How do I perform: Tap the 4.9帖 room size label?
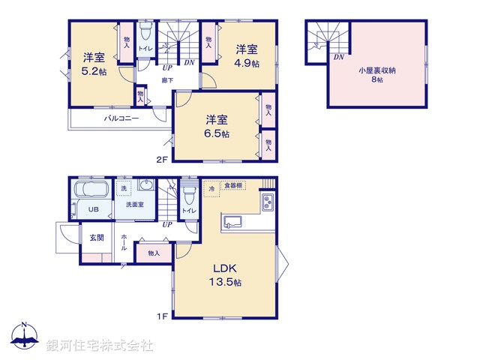click(x=248, y=64)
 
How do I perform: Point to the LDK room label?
click(x=224, y=268)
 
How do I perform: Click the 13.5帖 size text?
click(x=225, y=283)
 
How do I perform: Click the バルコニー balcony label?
click(x=121, y=118)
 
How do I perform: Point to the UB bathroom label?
click(x=94, y=209)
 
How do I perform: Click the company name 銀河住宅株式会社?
click(x=100, y=345)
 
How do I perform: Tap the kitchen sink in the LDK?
click(x=232, y=221)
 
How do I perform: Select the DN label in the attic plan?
click(x=339, y=57)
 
